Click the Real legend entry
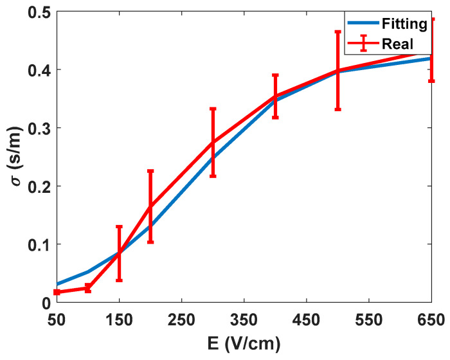coord(396,43)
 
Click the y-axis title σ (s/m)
coord(14,157)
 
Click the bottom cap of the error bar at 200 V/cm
coord(150,242)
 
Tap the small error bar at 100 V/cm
coord(88,288)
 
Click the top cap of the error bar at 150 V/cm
coord(119,226)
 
